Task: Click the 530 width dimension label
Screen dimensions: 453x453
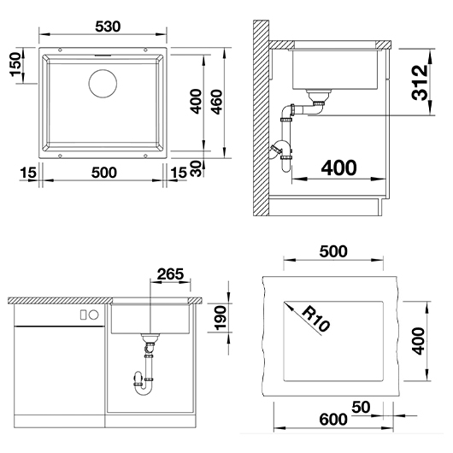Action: coord(108,26)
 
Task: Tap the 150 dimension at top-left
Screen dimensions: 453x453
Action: coord(16,64)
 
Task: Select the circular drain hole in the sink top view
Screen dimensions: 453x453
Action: coord(103,84)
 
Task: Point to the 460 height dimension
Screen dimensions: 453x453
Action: coord(216,102)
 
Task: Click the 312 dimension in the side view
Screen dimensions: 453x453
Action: coord(420,83)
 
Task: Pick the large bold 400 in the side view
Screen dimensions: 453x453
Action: coord(338,168)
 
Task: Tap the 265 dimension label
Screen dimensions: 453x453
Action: coord(170,274)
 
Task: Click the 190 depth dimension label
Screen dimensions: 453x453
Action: coord(221,318)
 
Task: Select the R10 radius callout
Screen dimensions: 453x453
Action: coord(315,319)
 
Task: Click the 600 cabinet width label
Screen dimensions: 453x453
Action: coord(333,419)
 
